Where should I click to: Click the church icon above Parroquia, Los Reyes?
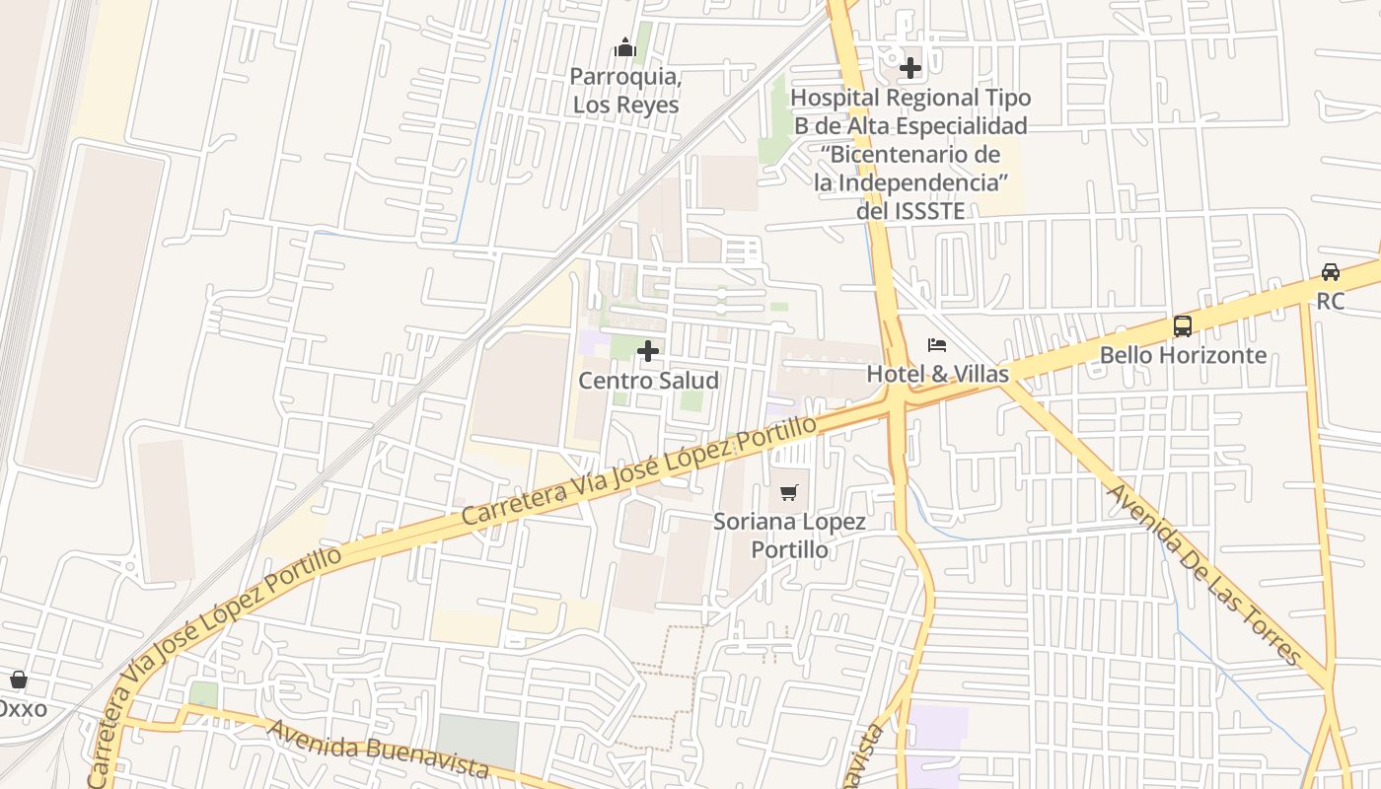pyautogui.click(x=624, y=47)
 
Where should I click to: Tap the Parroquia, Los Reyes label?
pyautogui.click(x=625, y=91)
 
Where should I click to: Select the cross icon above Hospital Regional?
pyautogui.click(x=909, y=68)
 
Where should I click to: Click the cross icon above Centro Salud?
pyautogui.click(x=648, y=351)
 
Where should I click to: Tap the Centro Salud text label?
pyautogui.click(x=648, y=381)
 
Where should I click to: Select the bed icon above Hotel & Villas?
pyautogui.click(x=937, y=345)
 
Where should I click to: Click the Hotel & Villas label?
pyautogui.click(x=937, y=374)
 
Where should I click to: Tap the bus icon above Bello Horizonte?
pyautogui.click(x=1182, y=326)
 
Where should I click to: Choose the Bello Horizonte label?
pyautogui.click(x=1182, y=355)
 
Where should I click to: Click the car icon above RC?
pyautogui.click(x=1330, y=272)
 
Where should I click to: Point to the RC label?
pyautogui.click(x=1330, y=301)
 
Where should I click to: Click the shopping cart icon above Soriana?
pyautogui.click(x=788, y=492)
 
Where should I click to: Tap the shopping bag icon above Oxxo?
pyautogui.click(x=18, y=680)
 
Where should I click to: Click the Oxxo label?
pyautogui.click(x=22, y=708)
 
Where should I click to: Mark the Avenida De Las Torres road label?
pyautogui.click(x=1203, y=574)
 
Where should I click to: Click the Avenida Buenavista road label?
pyautogui.click(x=378, y=751)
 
